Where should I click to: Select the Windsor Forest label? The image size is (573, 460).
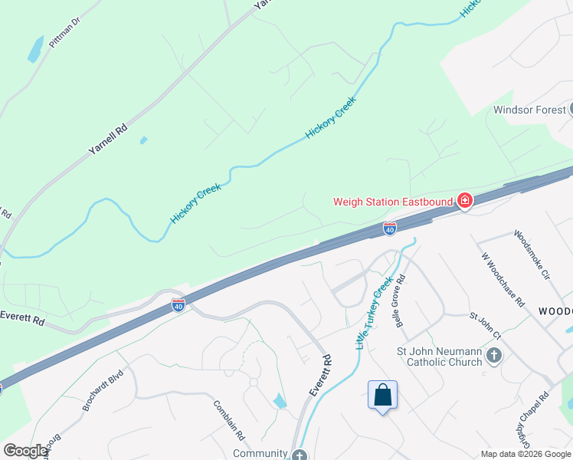point(529,110)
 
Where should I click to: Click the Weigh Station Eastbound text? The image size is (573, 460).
point(393,202)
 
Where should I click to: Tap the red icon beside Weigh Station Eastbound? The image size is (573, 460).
point(464,202)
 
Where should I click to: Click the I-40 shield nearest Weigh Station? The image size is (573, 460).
point(389,228)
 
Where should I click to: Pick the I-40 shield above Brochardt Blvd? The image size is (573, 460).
point(178,304)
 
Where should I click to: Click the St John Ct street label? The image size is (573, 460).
point(485,324)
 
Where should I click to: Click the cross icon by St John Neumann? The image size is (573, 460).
point(495,355)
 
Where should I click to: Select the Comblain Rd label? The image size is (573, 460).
point(228,420)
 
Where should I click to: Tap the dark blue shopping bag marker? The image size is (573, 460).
point(382,396)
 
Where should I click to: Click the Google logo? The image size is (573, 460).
point(25,451)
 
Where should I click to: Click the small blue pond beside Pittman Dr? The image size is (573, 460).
point(35,49)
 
